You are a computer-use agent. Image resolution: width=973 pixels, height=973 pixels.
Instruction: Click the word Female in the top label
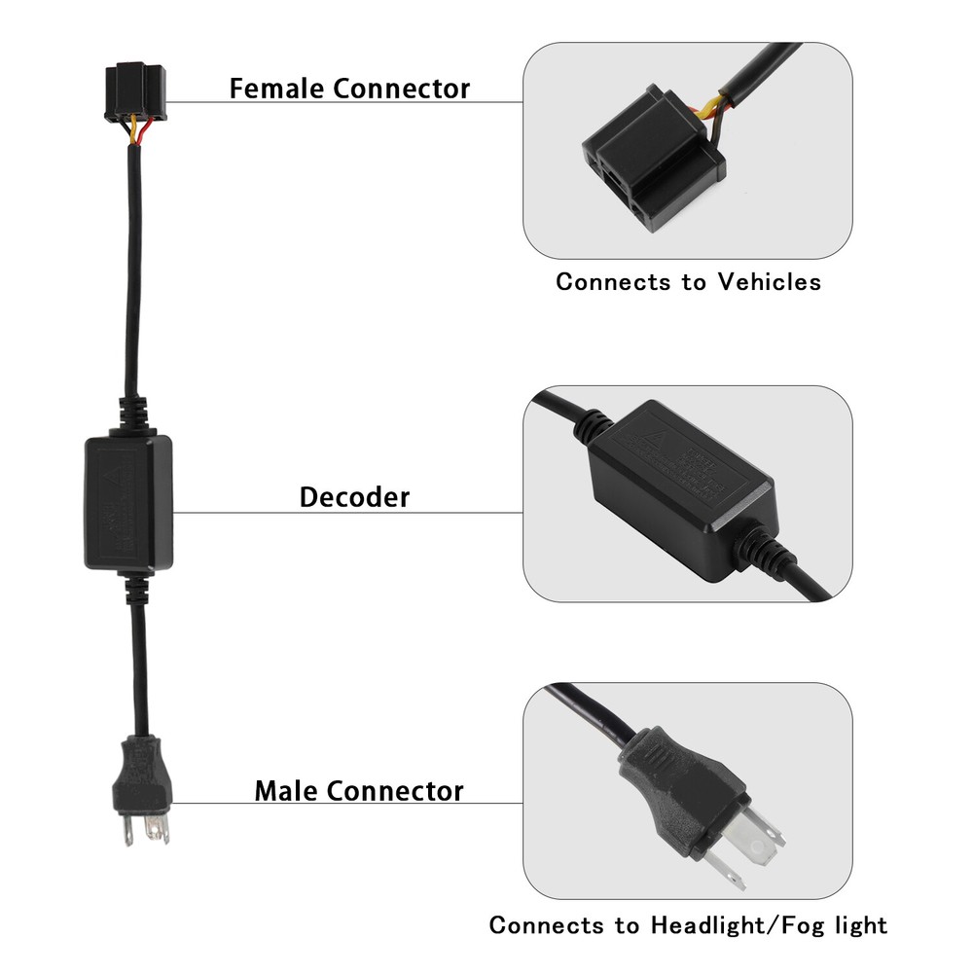tap(276, 89)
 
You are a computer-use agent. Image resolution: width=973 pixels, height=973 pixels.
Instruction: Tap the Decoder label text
tap(354, 497)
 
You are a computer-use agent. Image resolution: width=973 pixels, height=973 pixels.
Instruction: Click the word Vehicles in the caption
tap(769, 282)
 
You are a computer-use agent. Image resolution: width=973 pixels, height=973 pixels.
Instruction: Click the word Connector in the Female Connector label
tap(401, 89)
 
